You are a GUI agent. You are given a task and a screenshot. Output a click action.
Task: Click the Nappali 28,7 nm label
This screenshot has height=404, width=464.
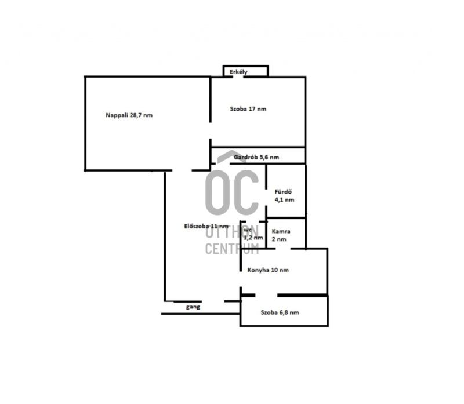[129, 115]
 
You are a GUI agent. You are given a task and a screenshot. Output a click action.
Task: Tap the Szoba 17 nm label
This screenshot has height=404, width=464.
[248, 109]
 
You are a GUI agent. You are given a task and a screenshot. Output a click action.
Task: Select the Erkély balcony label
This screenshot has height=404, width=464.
[238, 72]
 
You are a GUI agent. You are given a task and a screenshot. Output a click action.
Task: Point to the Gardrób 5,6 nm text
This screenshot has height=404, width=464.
[256, 157]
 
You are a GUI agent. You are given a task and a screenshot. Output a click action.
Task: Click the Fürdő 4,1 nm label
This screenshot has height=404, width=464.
[284, 195]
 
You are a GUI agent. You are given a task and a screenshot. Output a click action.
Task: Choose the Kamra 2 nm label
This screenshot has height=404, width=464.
[281, 235]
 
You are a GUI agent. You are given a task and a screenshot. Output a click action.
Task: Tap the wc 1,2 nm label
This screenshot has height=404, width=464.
[253, 234]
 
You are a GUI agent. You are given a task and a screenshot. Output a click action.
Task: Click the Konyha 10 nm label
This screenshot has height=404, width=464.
[268, 270]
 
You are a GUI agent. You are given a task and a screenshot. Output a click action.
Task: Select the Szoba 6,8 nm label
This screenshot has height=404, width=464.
[280, 312]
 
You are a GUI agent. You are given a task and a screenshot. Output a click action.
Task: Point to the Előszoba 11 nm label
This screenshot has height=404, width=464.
[206, 226]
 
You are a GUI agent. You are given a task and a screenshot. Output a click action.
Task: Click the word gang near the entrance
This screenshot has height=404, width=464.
[193, 307]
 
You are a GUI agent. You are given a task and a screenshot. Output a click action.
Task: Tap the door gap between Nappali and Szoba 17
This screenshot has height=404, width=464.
[211, 130]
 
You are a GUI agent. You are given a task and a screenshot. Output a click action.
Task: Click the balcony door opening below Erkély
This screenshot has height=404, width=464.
[238, 77]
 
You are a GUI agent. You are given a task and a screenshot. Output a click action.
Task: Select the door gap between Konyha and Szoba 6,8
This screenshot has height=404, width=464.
[266, 295]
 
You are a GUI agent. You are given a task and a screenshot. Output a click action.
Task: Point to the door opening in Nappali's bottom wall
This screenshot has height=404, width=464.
[182, 170]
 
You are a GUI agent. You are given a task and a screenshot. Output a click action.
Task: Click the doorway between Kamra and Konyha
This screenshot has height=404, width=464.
[283, 249]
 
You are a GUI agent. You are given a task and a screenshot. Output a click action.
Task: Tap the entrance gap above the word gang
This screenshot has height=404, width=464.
[213, 301]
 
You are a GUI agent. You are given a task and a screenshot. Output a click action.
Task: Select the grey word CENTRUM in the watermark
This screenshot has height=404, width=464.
[232, 249]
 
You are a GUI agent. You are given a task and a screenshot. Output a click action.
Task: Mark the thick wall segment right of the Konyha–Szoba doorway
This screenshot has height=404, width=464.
[302, 295]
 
